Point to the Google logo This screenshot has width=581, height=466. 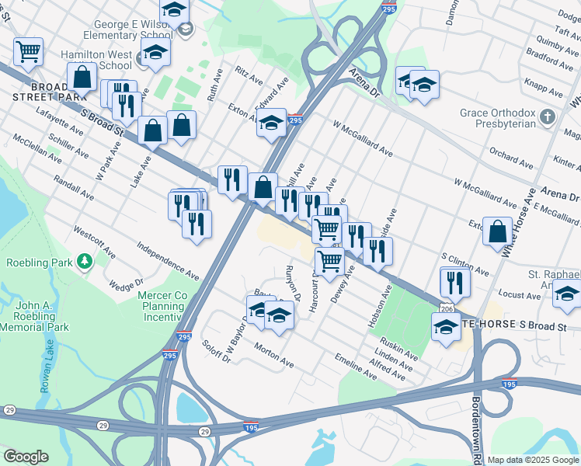point(26,457)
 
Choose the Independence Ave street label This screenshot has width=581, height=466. point(168,261)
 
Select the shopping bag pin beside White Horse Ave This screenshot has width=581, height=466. point(496,231)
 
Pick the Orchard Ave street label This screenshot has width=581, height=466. point(511,158)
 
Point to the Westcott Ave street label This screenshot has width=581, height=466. point(94,243)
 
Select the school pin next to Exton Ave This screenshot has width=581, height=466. point(271,123)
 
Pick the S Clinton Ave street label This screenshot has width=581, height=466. point(464,264)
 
